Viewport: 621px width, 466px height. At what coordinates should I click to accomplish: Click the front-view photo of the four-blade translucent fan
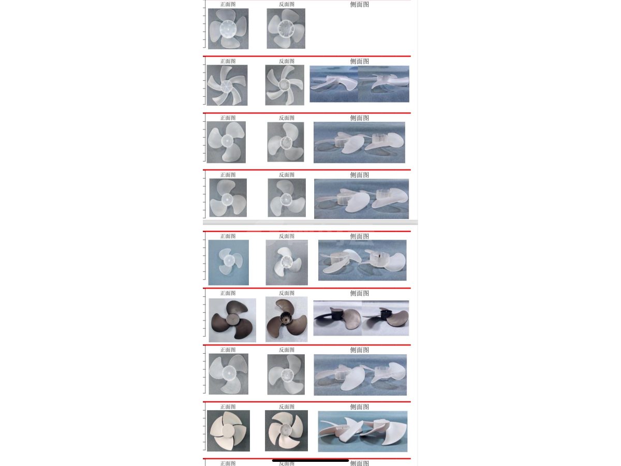tap(228, 28)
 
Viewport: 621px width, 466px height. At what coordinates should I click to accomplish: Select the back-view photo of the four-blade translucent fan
tap(286, 28)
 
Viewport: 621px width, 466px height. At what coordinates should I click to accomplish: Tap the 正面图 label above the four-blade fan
tap(228, 4)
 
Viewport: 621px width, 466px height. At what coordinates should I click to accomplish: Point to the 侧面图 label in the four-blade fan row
tap(359, 4)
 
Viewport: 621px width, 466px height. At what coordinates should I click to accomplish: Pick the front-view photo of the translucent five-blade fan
tap(227, 85)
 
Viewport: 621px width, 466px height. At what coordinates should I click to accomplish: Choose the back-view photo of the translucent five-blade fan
tap(285, 85)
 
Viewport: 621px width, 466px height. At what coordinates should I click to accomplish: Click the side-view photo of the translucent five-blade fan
tap(359, 84)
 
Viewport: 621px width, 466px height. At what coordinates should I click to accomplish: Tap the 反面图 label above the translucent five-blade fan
tap(287, 61)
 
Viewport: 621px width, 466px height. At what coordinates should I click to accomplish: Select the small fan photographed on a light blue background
tap(229, 263)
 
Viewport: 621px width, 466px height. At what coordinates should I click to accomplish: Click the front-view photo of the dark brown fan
tap(232, 320)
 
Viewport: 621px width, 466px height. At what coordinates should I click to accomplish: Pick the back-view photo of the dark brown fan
tap(286, 319)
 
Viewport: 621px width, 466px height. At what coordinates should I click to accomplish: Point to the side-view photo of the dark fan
tap(361, 318)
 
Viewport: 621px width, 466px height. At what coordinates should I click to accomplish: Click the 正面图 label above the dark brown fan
tap(228, 293)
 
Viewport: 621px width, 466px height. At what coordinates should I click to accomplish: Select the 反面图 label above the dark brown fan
tap(287, 293)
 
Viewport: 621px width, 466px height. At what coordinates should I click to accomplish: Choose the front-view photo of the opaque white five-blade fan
tap(228, 431)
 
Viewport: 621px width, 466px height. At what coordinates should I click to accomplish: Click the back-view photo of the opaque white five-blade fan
tap(286, 430)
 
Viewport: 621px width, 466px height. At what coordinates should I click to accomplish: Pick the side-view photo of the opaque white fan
tap(363, 431)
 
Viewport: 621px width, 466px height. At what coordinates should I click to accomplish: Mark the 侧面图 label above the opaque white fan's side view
tap(359, 407)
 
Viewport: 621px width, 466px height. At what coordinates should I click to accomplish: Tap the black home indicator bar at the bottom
tap(310, 460)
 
